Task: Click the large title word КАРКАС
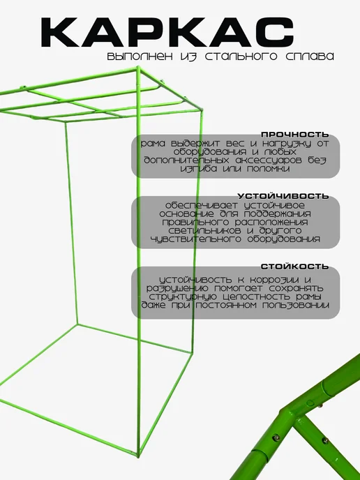(167, 32)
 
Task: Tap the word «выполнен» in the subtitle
(140, 57)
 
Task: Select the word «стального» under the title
(241, 57)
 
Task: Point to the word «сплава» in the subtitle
(310, 57)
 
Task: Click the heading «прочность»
(295, 135)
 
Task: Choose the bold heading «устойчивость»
(283, 196)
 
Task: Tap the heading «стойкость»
(295, 267)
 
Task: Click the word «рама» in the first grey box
(153, 144)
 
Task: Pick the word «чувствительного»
(196, 239)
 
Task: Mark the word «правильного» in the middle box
(196, 223)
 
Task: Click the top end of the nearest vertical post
(138, 67)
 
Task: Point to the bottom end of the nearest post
(138, 455)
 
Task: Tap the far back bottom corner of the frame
(77, 324)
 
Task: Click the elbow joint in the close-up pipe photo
(288, 411)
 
